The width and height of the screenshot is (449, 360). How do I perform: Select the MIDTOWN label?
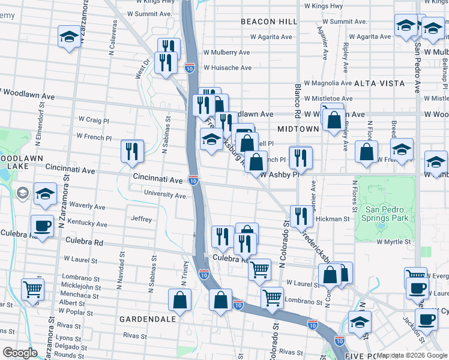point(298,129)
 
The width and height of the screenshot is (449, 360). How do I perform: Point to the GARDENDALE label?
point(143,319)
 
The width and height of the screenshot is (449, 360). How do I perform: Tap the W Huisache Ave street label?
point(228,68)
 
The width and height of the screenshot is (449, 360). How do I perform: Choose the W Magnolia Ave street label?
point(328,83)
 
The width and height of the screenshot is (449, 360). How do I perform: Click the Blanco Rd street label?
point(297,101)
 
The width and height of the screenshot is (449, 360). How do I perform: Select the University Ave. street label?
point(166,195)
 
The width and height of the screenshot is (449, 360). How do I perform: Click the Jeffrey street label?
point(142,220)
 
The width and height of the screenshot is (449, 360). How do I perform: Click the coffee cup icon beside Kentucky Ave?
point(42,226)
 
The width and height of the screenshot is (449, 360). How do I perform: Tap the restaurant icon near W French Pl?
point(133,151)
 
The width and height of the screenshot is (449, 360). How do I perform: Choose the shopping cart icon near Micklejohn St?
point(32,289)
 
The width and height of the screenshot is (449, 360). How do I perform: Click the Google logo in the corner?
point(20,353)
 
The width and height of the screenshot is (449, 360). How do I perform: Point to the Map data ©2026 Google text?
point(412,355)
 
